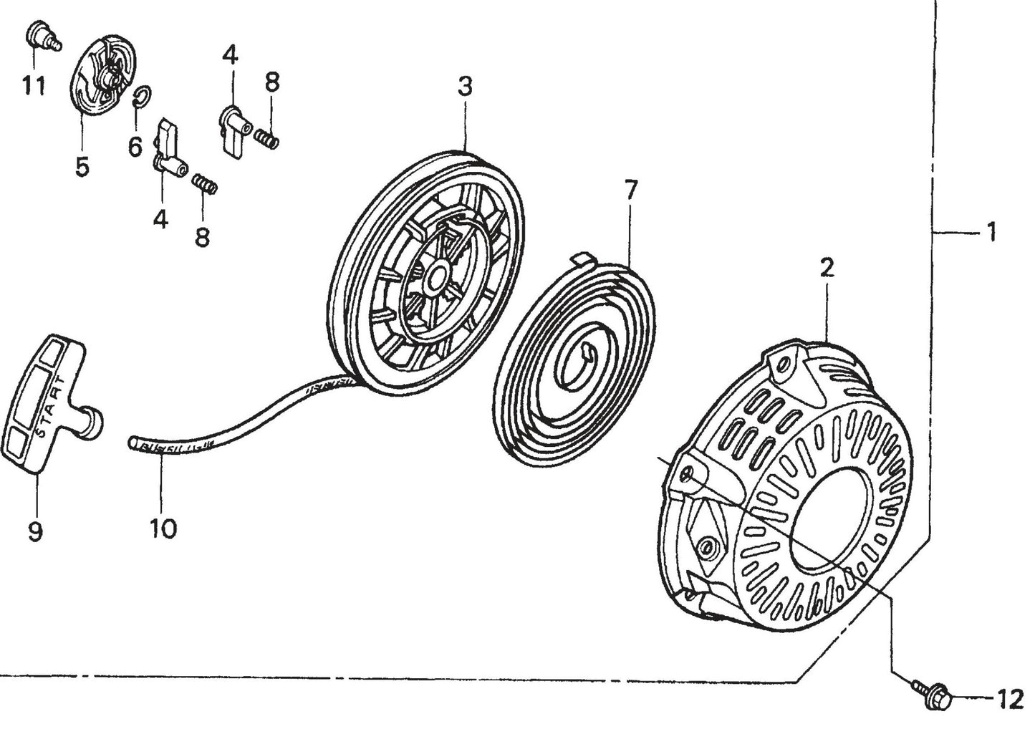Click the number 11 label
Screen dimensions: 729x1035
(x=33, y=86)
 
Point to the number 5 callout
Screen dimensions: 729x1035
(x=82, y=167)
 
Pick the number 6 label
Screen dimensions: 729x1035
(x=135, y=148)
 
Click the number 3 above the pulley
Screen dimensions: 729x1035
(x=465, y=87)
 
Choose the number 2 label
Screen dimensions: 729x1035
(x=827, y=269)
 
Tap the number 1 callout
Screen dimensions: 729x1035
(x=992, y=232)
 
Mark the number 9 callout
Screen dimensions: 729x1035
(x=35, y=531)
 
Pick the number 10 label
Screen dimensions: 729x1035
(x=163, y=529)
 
